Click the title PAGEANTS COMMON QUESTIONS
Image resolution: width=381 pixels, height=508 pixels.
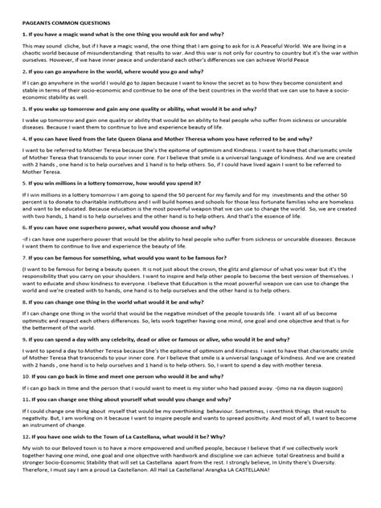pyautogui.click(x=67, y=25)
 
